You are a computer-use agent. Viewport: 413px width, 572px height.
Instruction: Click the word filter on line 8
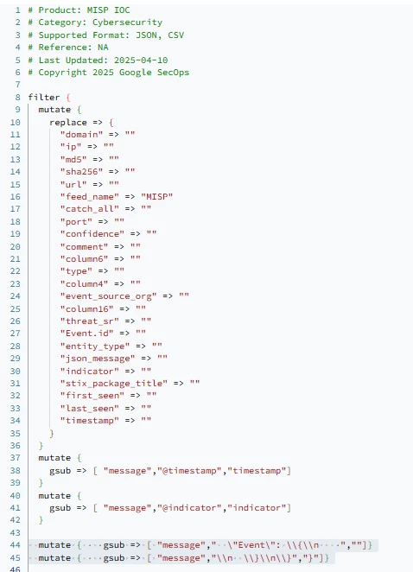tap(44, 98)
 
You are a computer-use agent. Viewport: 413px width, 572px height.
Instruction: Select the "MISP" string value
tap(157, 197)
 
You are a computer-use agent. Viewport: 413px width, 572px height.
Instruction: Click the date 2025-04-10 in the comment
tap(141, 60)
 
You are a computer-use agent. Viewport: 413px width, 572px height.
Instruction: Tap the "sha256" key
tap(81, 171)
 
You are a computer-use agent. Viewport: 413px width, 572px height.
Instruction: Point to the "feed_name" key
tap(89, 197)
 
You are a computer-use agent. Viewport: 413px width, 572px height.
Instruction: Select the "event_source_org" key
tap(108, 296)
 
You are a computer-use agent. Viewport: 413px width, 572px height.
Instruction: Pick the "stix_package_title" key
tap(114, 384)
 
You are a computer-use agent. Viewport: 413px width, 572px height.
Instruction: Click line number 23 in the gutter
tap(16, 283)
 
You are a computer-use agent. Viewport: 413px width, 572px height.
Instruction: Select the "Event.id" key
tap(86, 334)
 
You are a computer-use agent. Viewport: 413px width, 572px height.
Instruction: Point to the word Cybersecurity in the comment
tap(127, 22)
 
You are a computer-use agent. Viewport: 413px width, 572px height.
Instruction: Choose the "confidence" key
tap(92, 234)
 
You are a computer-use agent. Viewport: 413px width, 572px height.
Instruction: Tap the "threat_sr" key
tap(89, 321)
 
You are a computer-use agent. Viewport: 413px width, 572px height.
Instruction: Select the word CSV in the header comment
tap(176, 35)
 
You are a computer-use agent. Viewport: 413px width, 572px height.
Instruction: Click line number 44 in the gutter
tap(16, 545)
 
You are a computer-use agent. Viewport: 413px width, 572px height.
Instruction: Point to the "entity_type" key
tap(95, 346)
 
